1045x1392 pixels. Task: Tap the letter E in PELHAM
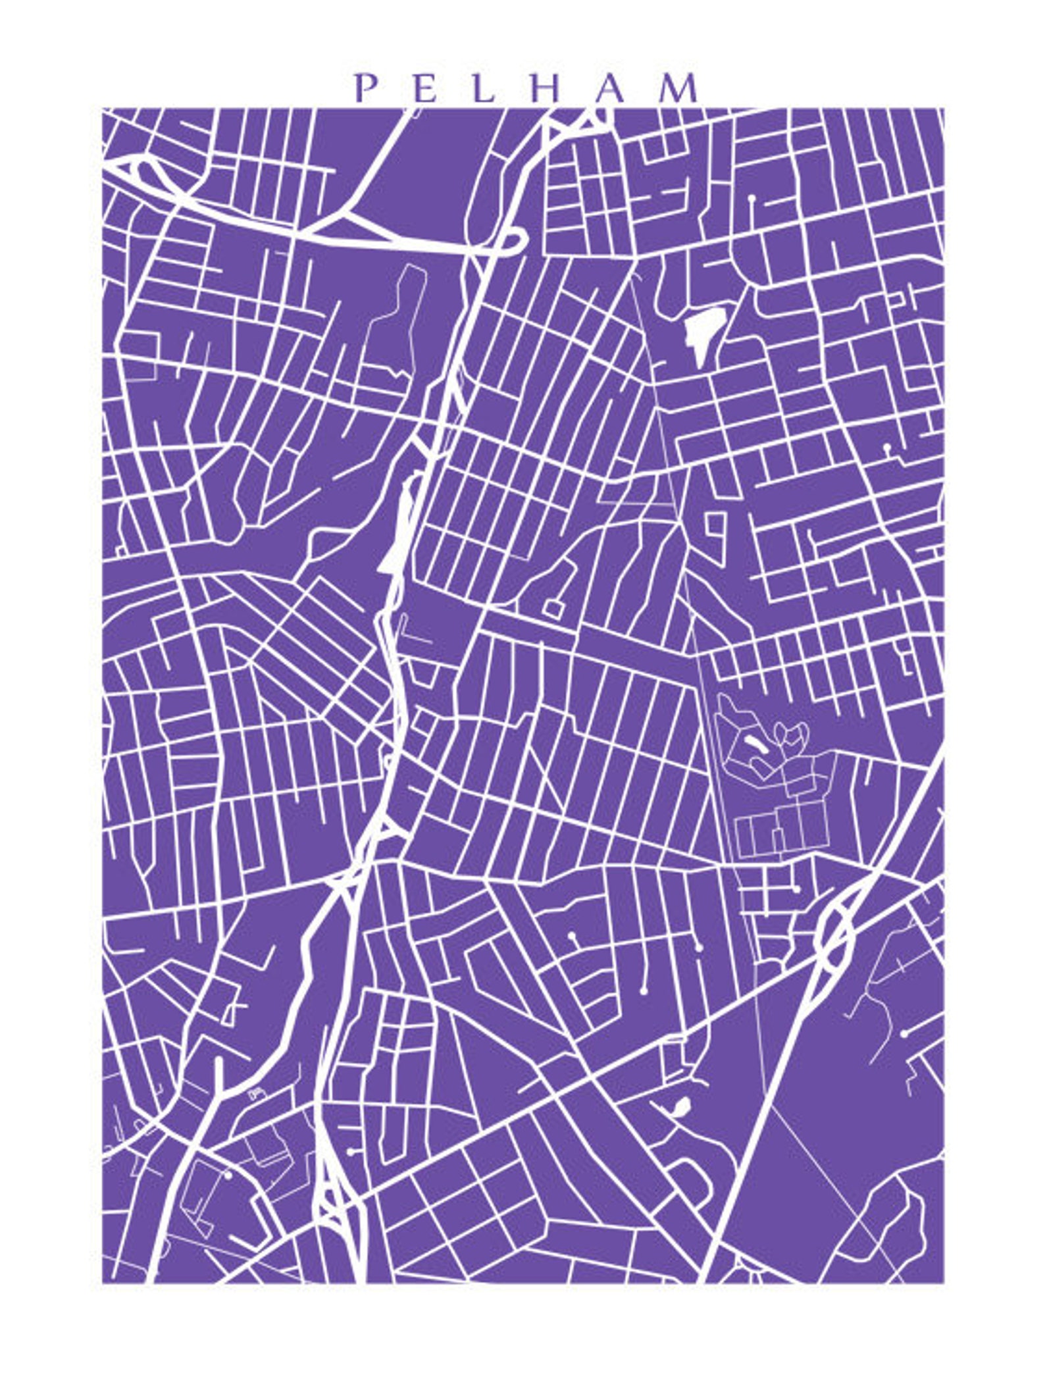click(x=426, y=88)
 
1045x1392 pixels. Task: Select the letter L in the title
click(x=484, y=88)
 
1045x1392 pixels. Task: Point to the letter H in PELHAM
click(x=546, y=88)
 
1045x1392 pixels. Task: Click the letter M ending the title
click(x=680, y=88)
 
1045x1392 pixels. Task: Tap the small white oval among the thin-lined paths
click(x=755, y=745)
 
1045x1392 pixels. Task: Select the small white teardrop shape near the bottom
click(x=680, y=1106)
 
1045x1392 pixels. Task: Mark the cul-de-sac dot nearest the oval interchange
click(x=796, y=889)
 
